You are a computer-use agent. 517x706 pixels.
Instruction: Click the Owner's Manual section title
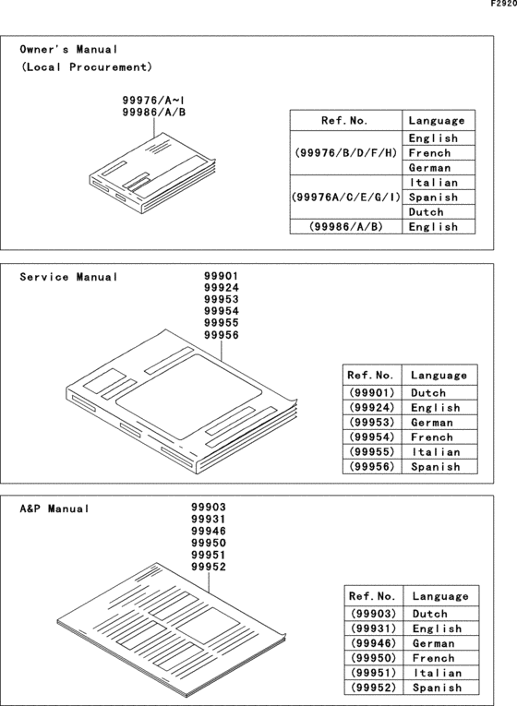[x=69, y=49]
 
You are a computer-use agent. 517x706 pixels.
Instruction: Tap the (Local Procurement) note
[x=86, y=67]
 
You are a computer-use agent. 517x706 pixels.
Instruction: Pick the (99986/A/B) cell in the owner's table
[x=346, y=226]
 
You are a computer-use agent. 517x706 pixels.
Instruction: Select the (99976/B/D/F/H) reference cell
[x=346, y=152]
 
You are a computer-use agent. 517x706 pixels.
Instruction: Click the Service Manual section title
[x=69, y=277]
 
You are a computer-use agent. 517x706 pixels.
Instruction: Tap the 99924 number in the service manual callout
[x=221, y=288]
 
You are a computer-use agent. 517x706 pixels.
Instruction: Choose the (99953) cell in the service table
[x=371, y=422]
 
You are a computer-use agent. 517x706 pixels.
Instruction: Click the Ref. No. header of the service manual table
[x=371, y=376]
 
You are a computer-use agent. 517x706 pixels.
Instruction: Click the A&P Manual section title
[x=54, y=509]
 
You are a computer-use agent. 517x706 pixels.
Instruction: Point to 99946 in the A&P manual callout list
[x=209, y=532]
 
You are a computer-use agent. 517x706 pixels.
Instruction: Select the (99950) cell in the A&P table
[x=373, y=658]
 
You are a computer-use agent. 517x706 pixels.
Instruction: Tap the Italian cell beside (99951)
[x=437, y=673]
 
